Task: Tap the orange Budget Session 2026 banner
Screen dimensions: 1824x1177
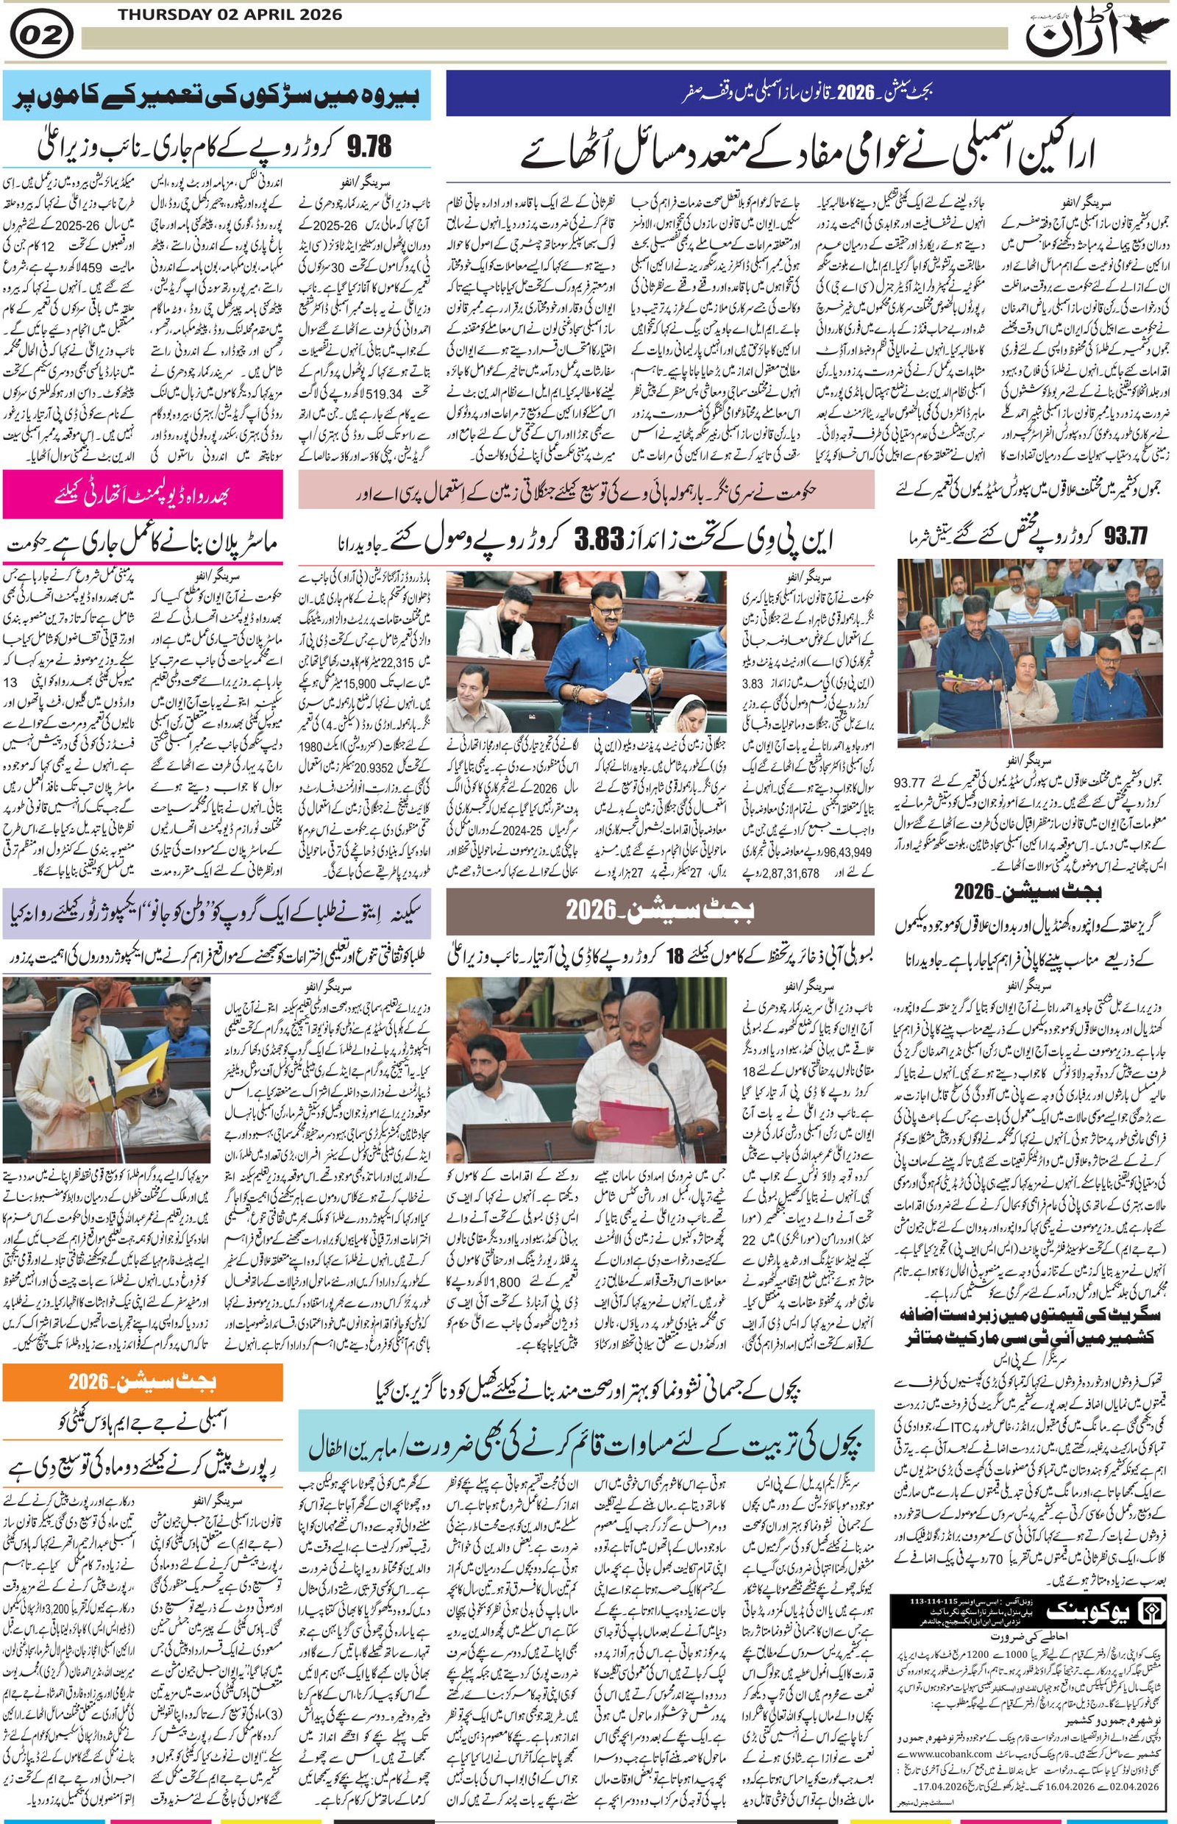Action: click(x=142, y=1381)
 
